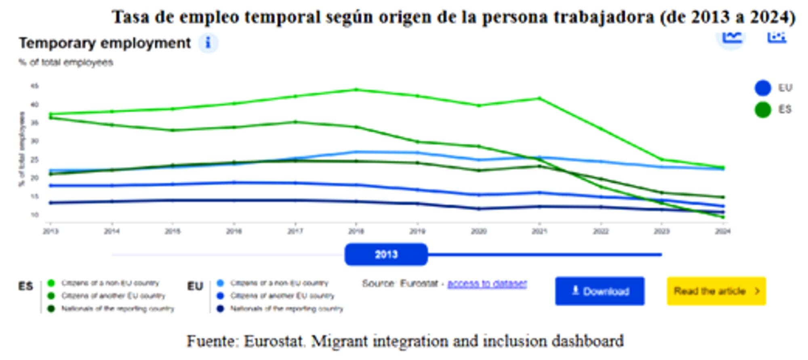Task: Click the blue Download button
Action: click(600, 291)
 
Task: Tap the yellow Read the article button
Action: click(716, 291)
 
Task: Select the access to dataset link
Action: click(487, 284)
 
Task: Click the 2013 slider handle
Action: click(386, 255)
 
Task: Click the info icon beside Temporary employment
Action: click(208, 43)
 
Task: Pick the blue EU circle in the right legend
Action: click(762, 88)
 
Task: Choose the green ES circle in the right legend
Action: click(762, 110)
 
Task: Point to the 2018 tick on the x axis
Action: click(356, 231)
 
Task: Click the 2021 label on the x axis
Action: click(539, 231)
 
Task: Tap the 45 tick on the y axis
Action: click(34, 86)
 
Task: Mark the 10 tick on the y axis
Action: click(34, 215)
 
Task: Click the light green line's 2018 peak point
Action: click(356, 90)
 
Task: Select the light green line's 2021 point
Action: click(539, 98)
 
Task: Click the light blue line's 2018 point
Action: click(356, 152)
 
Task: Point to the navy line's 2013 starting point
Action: click(50, 203)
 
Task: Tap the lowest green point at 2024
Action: click(723, 217)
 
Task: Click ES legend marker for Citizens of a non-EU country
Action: click(51, 283)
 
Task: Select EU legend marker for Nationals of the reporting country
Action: click(220, 309)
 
